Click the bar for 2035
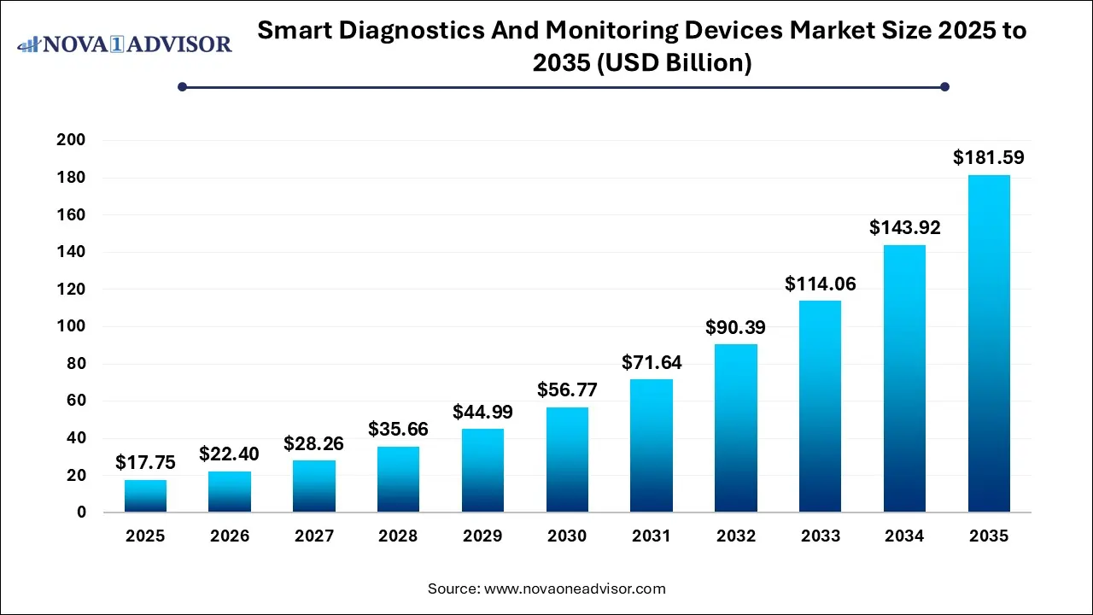(x=989, y=343)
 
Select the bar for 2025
(x=145, y=496)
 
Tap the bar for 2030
(x=567, y=460)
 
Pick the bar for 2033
(x=820, y=407)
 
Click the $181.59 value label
(x=989, y=158)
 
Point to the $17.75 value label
(x=145, y=463)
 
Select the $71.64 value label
(x=652, y=362)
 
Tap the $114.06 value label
(x=820, y=284)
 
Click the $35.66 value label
(x=398, y=429)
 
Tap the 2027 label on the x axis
(x=313, y=536)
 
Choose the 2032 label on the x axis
(x=736, y=536)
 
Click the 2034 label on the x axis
(x=904, y=536)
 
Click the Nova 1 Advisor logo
(x=125, y=44)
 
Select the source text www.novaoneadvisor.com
(x=575, y=589)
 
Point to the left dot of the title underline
(x=182, y=86)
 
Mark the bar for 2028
(x=398, y=479)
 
